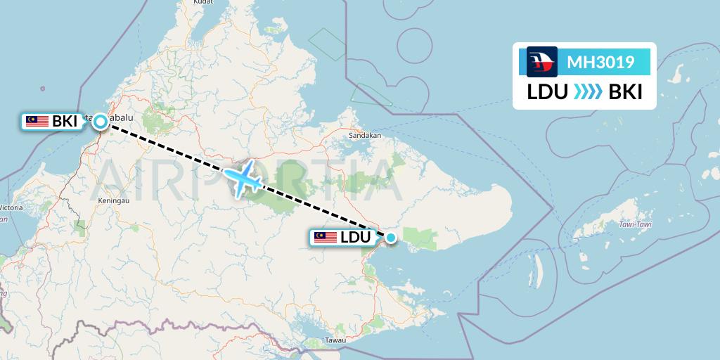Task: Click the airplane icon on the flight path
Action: coord(243,179)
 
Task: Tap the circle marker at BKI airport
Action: coord(101,122)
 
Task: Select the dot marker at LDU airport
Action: coord(391,238)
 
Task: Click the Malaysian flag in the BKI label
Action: coord(37,122)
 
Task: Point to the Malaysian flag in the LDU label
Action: coord(326,238)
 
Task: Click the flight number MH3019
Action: coord(600,62)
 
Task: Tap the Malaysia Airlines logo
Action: coord(542,62)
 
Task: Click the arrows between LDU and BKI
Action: coord(588,92)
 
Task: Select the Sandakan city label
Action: coord(366,135)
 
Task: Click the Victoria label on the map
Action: coord(11,208)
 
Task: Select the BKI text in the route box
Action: coord(625,92)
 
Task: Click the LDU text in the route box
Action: coord(548,92)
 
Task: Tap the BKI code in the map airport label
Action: coord(65,122)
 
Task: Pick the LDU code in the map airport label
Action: coord(355,238)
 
